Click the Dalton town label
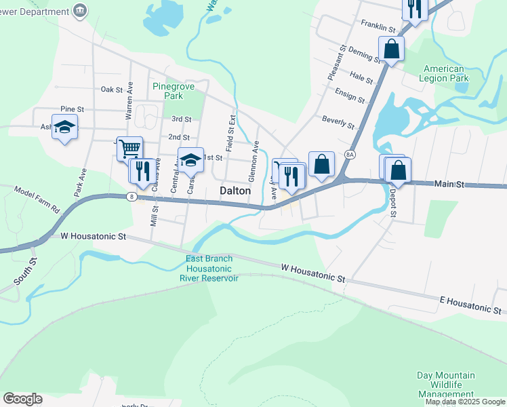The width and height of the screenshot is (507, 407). click(235, 191)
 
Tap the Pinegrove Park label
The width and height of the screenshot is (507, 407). click(168, 91)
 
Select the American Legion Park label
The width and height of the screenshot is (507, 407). click(445, 73)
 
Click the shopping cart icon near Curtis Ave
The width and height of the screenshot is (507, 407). click(129, 147)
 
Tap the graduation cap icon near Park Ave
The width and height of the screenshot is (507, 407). click(65, 127)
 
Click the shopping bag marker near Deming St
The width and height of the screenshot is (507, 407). click(391, 49)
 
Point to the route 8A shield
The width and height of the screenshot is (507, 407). click(350, 155)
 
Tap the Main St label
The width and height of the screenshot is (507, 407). click(448, 184)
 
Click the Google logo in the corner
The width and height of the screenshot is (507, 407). click(22, 399)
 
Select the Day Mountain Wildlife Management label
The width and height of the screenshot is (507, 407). click(445, 385)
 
